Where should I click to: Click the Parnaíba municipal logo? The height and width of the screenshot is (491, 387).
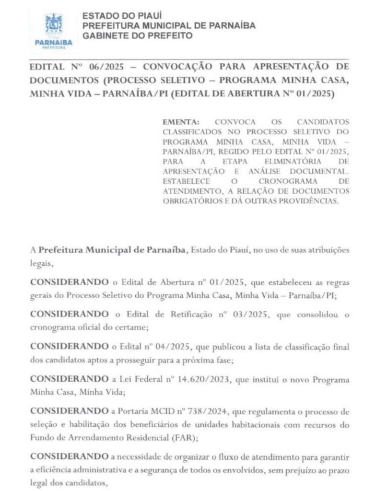pyautogui.click(x=54, y=30)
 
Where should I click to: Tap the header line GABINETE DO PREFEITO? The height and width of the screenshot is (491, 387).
pyautogui.click(x=138, y=35)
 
